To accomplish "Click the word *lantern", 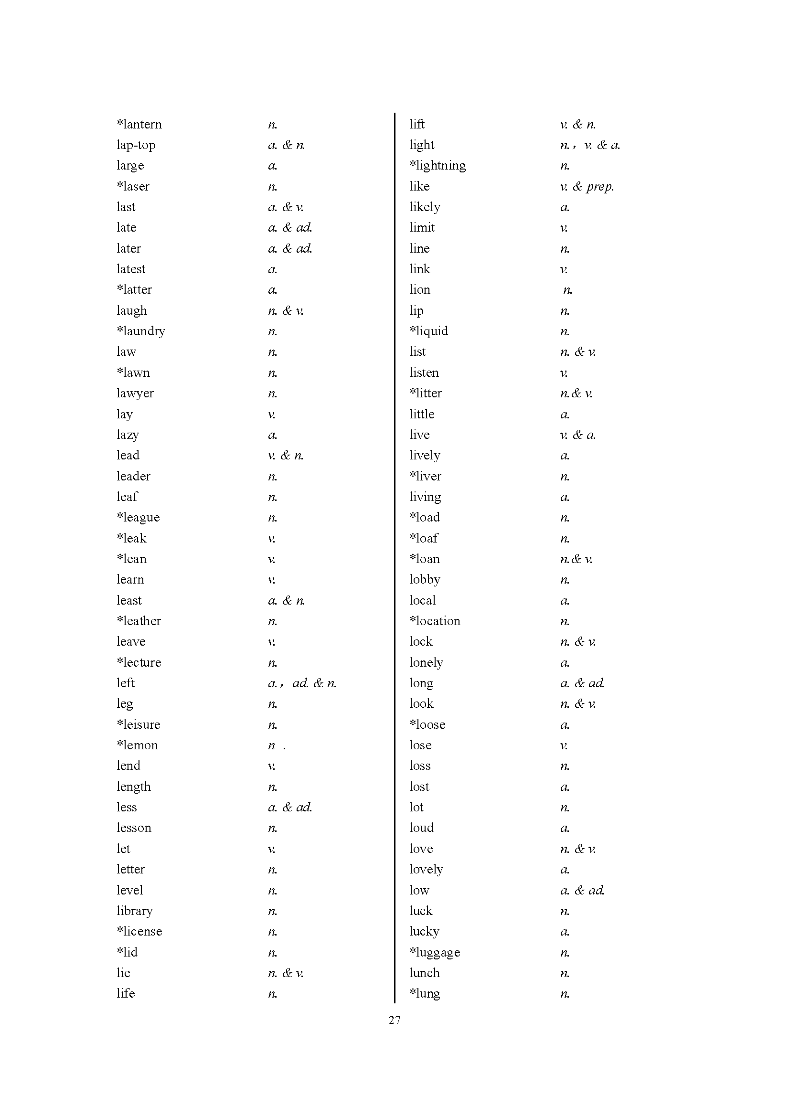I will pos(139,125).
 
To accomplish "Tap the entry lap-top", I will pos(136,146).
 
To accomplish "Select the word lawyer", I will pos(135,394).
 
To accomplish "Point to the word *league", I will pos(138,518).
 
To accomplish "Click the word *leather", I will pos(139,621).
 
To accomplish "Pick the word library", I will pos(134,911).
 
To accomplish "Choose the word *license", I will pos(139,932).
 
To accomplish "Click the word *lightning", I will pos(438,166).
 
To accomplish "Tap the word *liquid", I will pos(428,331).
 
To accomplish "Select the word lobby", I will pos(424,580).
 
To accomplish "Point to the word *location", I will pos(435,621).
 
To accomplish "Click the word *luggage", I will pos(435,953).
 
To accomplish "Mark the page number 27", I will pos(395,1020).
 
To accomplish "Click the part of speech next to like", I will pos(587,187).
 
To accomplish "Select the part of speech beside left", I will pos(302,683).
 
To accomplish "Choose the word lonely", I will pos(426,663).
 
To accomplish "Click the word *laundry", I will pos(140,331).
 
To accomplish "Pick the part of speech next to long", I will pos(582,683).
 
